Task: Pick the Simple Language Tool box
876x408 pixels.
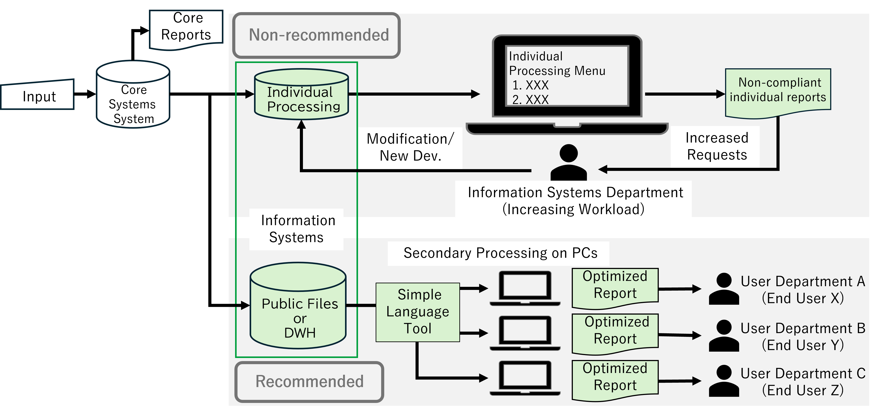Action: (x=418, y=312)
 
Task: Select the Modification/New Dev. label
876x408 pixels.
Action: (x=410, y=147)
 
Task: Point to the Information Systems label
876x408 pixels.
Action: (x=297, y=229)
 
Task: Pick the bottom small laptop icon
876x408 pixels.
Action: (x=525, y=378)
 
